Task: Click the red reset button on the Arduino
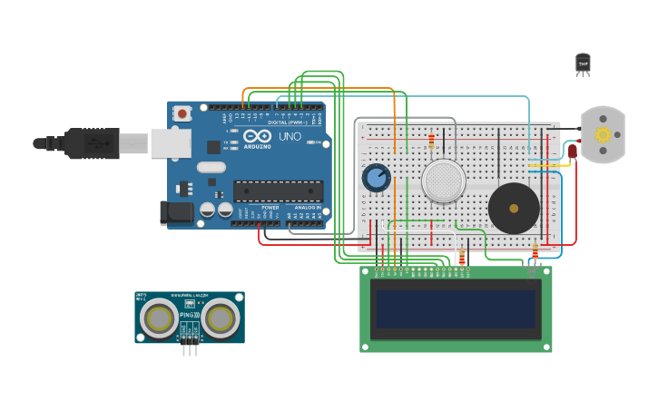pyautogui.click(x=182, y=113)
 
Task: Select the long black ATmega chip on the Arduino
pyautogui.click(x=278, y=191)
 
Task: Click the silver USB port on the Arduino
pyautogui.click(x=171, y=142)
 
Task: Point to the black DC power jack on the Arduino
pyautogui.click(x=176, y=213)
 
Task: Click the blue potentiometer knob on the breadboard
pyautogui.click(x=376, y=178)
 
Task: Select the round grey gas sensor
pyautogui.click(x=444, y=181)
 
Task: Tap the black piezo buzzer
pyautogui.click(x=514, y=209)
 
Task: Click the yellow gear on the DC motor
pyautogui.click(x=603, y=135)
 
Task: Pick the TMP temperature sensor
pyautogui.click(x=583, y=63)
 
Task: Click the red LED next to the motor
pyautogui.click(x=573, y=152)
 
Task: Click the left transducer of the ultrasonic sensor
pyautogui.click(x=160, y=318)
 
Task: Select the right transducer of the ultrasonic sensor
pyautogui.click(x=220, y=318)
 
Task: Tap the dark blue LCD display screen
pyautogui.click(x=456, y=308)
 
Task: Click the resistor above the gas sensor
pyautogui.click(x=431, y=142)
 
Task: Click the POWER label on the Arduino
pyautogui.click(x=270, y=208)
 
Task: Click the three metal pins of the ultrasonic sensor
pyautogui.click(x=190, y=349)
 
